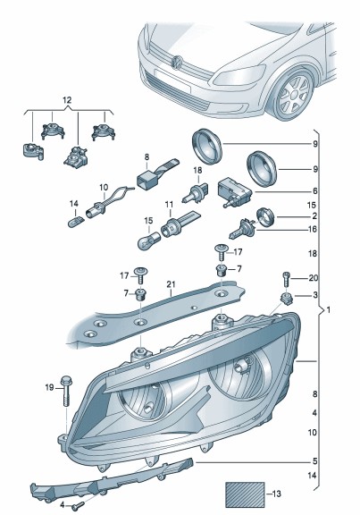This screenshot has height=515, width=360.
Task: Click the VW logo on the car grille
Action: click(178, 63)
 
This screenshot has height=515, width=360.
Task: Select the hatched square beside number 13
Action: click(245, 494)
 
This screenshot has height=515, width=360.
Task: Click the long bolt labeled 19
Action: click(66, 391)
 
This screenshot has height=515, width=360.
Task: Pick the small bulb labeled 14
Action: click(75, 223)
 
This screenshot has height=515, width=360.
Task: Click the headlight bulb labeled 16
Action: click(241, 228)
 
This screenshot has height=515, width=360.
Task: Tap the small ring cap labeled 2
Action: click(265, 217)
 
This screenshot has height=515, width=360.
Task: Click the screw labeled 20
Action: click(286, 279)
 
